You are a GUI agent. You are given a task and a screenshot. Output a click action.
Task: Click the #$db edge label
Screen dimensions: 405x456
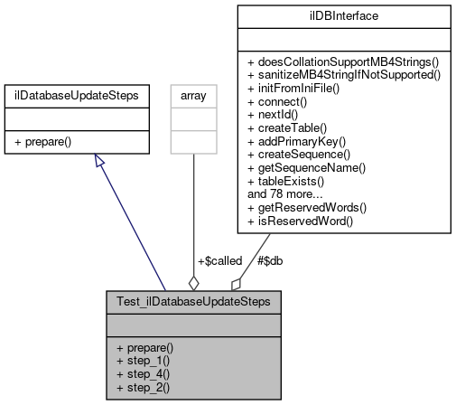point(272,260)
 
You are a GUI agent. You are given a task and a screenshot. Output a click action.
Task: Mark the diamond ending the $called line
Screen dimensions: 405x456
point(193,282)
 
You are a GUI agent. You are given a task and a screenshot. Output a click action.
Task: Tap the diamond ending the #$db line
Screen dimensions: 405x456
point(237,282)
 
